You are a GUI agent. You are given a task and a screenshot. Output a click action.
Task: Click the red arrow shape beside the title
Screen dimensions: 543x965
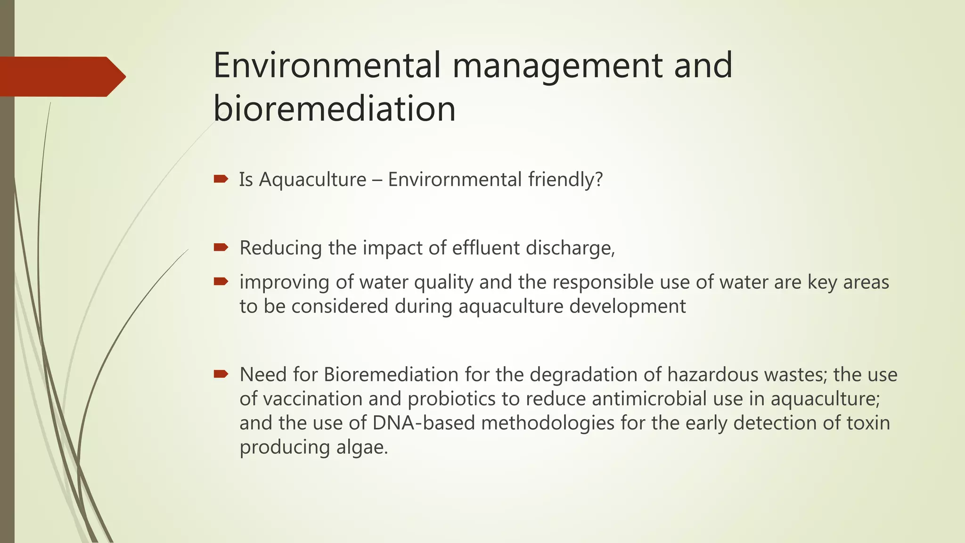pyautogui.click(x=61, y=76)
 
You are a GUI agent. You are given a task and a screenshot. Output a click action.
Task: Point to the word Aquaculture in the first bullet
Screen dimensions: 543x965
pyautogui.click(x=312, y=180)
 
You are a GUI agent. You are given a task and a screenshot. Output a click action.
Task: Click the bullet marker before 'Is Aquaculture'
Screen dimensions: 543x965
pyautogui.click(x=221, y=179)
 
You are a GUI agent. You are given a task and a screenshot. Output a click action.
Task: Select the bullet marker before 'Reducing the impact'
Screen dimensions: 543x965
pyautogui.click(x=221, y=247)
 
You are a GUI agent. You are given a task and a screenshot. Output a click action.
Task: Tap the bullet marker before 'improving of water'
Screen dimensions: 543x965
pyautogui.click(x=221, y=281)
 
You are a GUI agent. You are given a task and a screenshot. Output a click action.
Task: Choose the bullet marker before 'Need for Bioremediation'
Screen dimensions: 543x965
pyautogui.click(x=221, y=374)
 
